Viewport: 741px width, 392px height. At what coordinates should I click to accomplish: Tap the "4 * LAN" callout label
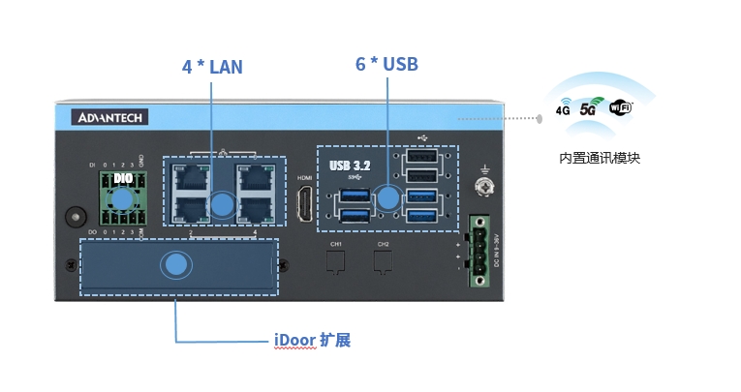click(212, 67)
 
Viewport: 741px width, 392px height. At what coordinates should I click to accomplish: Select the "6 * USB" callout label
click(386, 64)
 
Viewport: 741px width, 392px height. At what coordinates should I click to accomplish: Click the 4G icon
click(563, 109)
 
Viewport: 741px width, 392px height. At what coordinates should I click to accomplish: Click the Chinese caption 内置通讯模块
click(600, 158)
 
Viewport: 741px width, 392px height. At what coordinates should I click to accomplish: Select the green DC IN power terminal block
click(479, 249)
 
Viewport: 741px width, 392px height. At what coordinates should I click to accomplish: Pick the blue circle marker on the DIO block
click(123, 199)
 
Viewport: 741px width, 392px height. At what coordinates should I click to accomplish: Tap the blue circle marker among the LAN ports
click(224, 203)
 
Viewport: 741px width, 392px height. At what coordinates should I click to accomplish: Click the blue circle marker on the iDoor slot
click(175, 265)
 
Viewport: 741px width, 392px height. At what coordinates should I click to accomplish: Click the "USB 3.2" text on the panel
click(351, 165)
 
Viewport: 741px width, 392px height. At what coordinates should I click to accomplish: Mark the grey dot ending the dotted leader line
click(540, 119)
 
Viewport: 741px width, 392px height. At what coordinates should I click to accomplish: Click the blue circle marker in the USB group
click(388, 198)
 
